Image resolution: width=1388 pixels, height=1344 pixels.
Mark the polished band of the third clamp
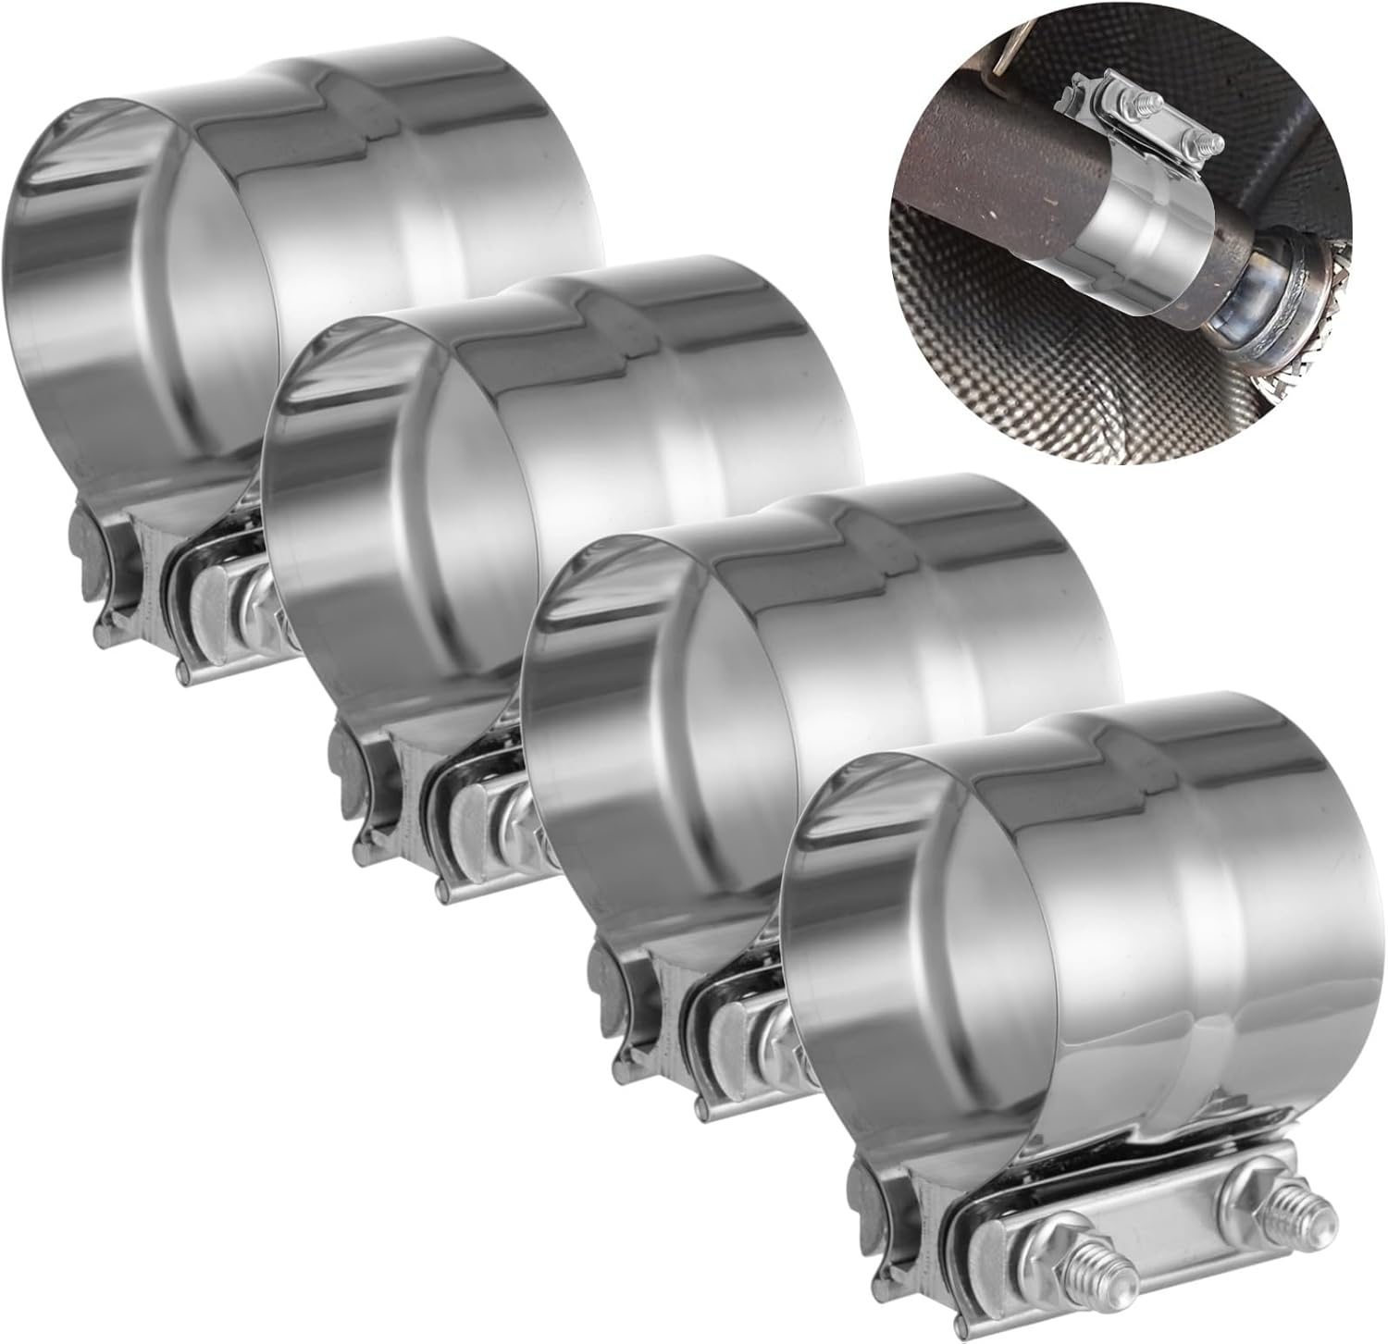(x=907, y=684)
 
